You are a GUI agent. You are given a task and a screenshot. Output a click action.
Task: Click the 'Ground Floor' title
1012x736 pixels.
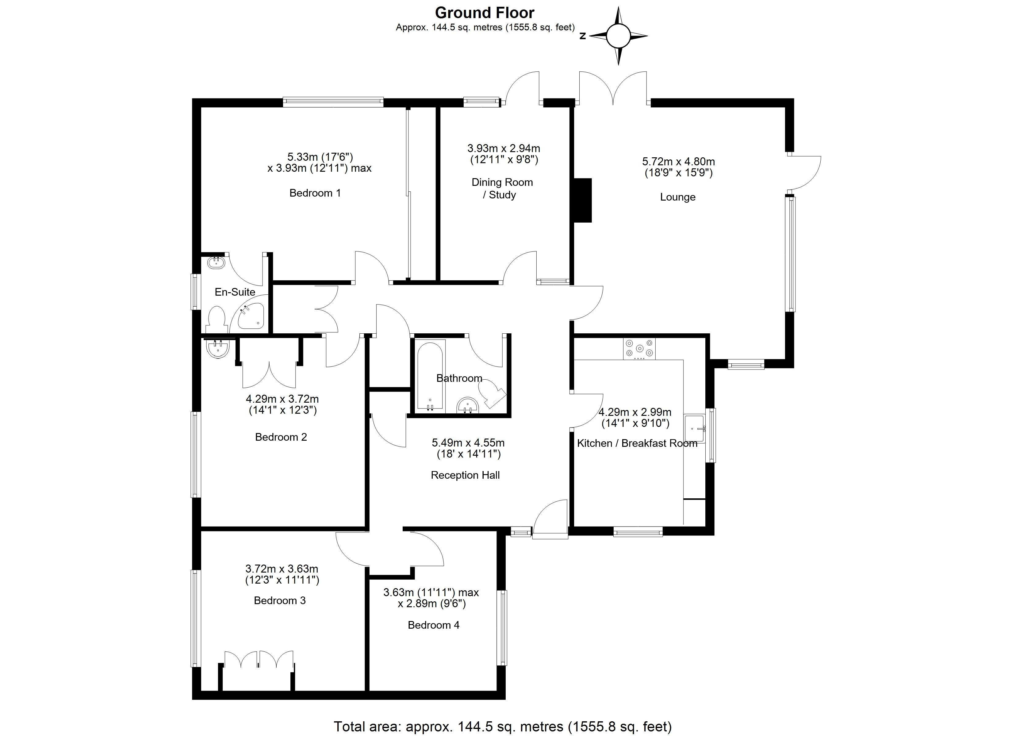(485, 13)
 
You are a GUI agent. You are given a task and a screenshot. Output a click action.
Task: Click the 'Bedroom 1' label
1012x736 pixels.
(315, 193)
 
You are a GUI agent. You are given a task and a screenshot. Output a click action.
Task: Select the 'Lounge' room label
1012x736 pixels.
(678, 197)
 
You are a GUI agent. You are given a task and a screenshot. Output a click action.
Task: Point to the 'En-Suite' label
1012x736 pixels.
(235, 292)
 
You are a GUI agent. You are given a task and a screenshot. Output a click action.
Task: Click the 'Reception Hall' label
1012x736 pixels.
(466, 475)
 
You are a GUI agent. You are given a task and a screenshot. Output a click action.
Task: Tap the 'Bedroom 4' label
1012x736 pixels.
(434, 625)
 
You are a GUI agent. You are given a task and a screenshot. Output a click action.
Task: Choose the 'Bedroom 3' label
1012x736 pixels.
(280, 600)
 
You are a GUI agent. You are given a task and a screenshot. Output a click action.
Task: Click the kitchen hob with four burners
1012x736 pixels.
(639, 349)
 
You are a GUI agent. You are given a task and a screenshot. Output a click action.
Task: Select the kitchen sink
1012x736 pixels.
(695, 429)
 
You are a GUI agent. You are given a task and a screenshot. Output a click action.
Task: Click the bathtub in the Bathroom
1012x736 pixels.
(431, 376)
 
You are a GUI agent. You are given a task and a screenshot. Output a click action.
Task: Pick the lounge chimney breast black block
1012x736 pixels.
(583, 200)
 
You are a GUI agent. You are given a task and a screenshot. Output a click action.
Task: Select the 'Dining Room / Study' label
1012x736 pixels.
(502, 188)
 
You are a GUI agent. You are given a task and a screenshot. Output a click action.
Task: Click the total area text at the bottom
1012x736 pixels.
(503, 726)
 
